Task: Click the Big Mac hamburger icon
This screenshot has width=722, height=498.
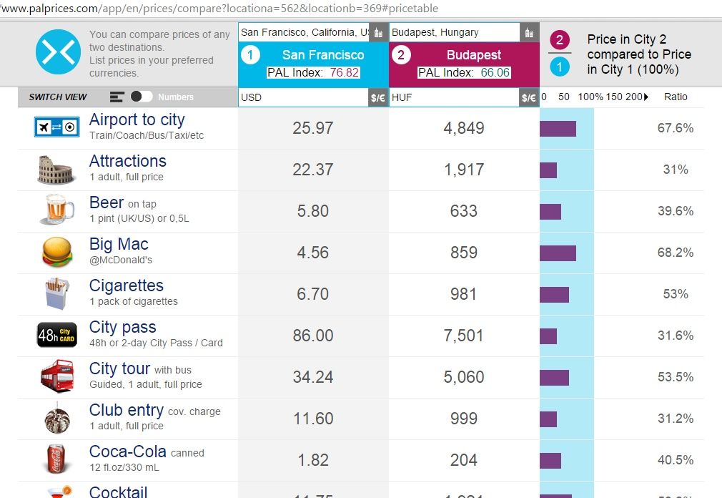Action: pyautogui.click(x=56, y=253)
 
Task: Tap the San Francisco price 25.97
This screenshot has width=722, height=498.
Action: pyautogui.click(x=313, y=128)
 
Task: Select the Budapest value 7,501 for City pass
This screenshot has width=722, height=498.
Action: pyautogui.click(x=464, y=336)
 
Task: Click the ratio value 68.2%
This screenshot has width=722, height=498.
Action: pyautogui.click(x=676, y=253)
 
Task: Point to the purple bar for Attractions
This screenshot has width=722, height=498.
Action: pyautogui.click(x=548, y=170)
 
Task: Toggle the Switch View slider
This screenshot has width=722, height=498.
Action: pyautogui.click(x=142, y=97)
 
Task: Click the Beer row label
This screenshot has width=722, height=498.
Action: pyautogui.click(x=106, y=203)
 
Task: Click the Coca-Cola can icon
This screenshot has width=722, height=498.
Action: pyautogui.click(x=56, y=459)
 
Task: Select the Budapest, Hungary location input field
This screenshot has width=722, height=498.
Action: pyautogui.click(x=454, y=32)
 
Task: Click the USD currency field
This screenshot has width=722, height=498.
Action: pyautogui.click(x=303, y=97)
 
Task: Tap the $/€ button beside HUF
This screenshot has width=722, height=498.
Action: pyautogui.click(x=529, y=97)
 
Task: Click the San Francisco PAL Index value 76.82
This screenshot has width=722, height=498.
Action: pyautogui.click(x=345, y=72)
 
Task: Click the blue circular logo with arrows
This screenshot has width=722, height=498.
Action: pyautogui.click(x=57, y=52)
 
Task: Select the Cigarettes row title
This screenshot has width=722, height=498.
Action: pyautogui.click(x=126, y=285)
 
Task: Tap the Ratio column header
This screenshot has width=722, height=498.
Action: pyautogui.click(x=676, y=97)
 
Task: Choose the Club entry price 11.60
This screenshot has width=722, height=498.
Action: pyautogui.click(x=313, y=419)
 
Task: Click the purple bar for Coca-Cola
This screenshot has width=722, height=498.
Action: pyautogui.click(x=550, y=460)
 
